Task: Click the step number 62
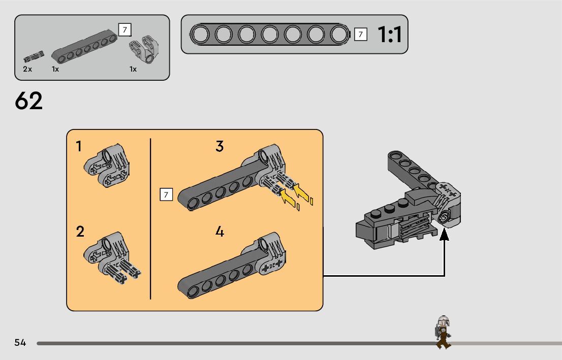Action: click(29, 101)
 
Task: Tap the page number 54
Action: click(20, 343)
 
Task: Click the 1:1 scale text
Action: click(389, 35)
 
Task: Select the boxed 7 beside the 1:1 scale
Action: click(360, 35)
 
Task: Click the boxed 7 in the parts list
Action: click(124, 29)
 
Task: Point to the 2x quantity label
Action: click(27, 69)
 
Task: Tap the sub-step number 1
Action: click(79, 147)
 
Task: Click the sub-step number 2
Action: click(80, 232)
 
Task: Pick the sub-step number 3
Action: click(220, 147)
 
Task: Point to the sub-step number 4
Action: click(220, 232)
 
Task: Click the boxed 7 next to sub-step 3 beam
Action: click(166, 194)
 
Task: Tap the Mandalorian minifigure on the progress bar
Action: click(443, 332)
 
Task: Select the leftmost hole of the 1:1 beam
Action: click(200, 35)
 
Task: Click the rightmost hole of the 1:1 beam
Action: click(338, 35)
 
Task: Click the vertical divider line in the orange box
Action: click(151, 218)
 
